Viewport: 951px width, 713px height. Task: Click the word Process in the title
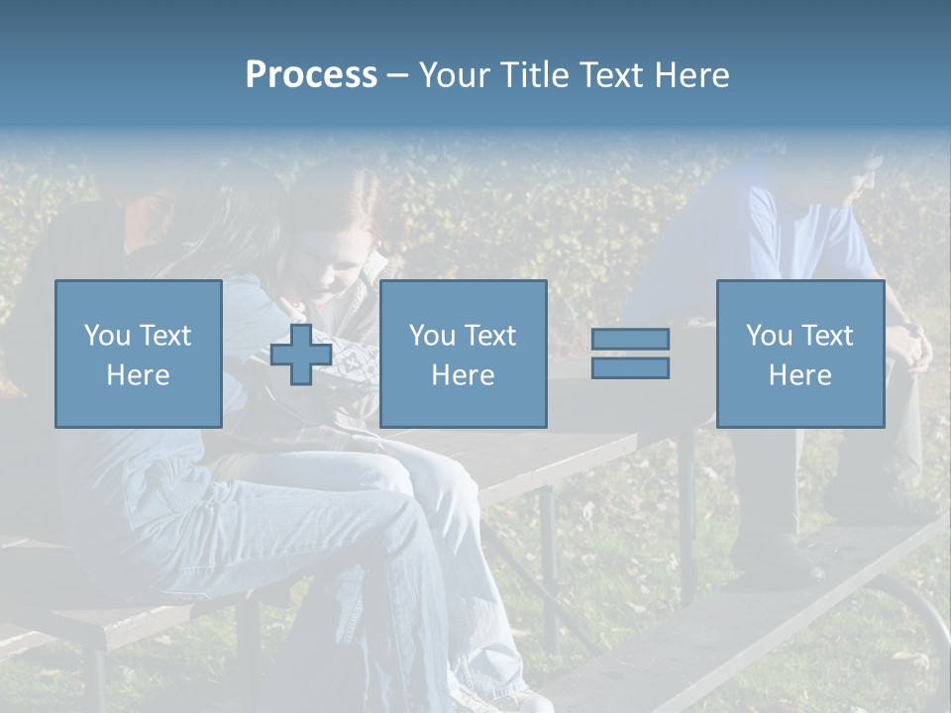[x=311, y=75]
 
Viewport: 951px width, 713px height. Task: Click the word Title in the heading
[x=533, y=75]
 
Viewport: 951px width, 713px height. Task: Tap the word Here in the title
[x=691, y=75]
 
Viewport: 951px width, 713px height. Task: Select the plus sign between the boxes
[x=301, y=355]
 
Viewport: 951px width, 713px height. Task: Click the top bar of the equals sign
[x=630, y=339]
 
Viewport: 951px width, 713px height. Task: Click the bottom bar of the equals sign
[x=630, y=368]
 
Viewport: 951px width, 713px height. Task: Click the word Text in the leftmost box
[x=163, y=336]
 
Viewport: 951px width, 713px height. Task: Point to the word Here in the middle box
[x=463, y=375]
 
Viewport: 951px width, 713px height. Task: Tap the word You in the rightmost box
[x=769, y=336]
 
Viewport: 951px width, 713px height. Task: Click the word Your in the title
[x=455, y=75]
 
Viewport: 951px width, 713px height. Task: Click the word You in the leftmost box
[x=107, y=336]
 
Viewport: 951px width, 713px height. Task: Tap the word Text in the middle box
[x=488, y=336]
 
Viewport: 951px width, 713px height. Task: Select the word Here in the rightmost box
[x=799, y=375]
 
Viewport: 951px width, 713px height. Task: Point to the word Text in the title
[x=608, y=75]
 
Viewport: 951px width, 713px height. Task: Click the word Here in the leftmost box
[x=138, y=375]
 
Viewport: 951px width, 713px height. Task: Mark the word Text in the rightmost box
[x=825, y=336]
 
